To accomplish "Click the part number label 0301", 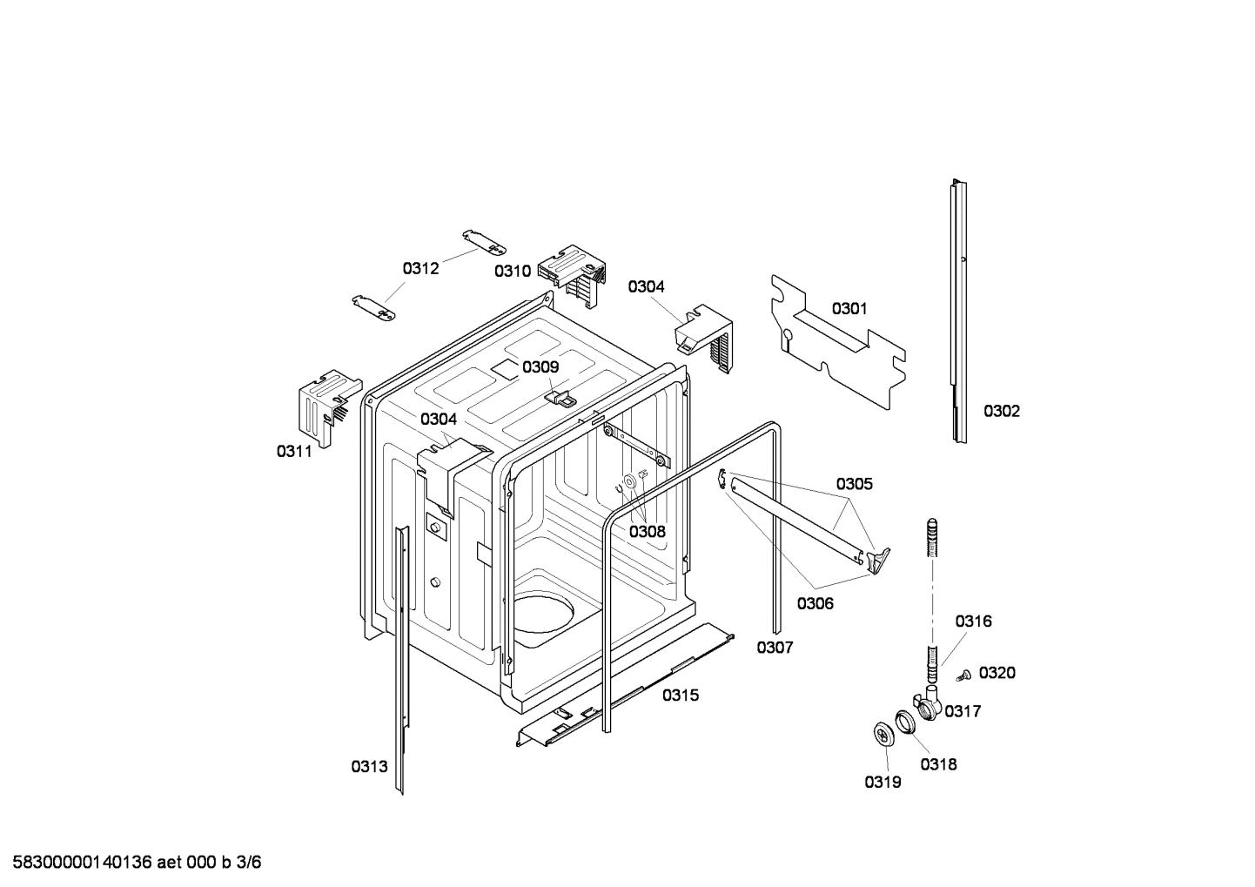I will tap(849, 308).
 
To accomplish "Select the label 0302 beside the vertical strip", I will tap(1001, 411).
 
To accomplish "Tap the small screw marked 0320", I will tap(963, 674).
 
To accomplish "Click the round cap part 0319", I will tap(885, 734).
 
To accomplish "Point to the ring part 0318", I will tap(906, 720).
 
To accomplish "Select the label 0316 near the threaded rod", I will tap(972, 622).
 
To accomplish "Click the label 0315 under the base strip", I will tap(680, 695).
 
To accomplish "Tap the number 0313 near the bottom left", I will tap(369, 766).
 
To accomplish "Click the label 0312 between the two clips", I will tap(420, 268).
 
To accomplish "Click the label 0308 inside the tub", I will tap(647, 531).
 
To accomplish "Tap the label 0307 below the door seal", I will tap(774, 647).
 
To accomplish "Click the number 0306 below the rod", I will tap(815, 603).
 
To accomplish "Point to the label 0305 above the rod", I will tap(854, 484).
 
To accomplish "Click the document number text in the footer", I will tap(131, 863).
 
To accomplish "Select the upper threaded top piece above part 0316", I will tap(932, 539).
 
